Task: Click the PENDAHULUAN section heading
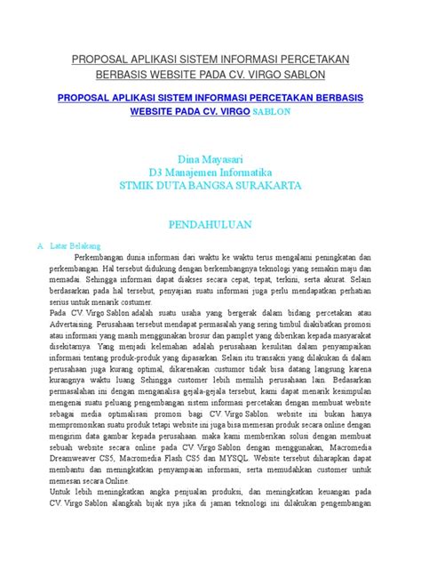pos(210,225)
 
